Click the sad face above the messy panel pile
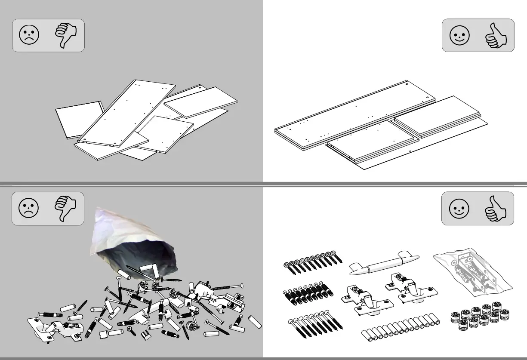pyautogui.click(x=29, y=35)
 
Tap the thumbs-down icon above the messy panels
pyautogui.click(x=65, y=35)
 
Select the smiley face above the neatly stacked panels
pyautogui.click(x=460, y=35)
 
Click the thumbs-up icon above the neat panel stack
pyautogui.click(x=496, y=35)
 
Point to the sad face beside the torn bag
pyautogui.click(x=29, y=209)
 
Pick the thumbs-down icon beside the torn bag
pyautogui.click(x=65, y=209)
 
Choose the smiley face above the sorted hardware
pyautogui.click(x=459, y=209)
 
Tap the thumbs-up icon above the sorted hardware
pyautogui.click(x=496, y=209)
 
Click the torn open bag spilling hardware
pyautogui.click(x=133, y=243)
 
